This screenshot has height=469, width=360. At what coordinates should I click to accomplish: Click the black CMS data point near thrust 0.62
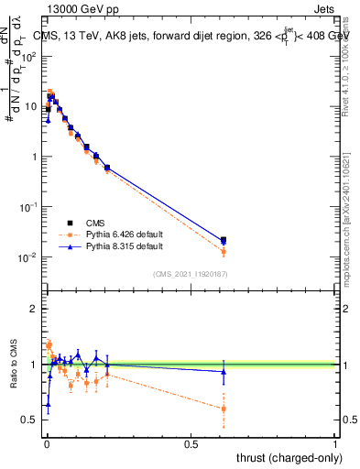pos(224,240)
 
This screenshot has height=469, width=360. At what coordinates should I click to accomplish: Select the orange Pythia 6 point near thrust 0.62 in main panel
pos(224,251)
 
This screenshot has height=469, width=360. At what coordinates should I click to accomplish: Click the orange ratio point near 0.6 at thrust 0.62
pos(224,409)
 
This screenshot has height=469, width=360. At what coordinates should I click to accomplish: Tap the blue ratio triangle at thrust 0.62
pos(224,371)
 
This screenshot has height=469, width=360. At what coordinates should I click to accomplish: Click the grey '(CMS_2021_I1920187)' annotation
pos(191,273)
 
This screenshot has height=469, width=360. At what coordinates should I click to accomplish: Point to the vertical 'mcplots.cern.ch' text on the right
pos(348,220)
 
